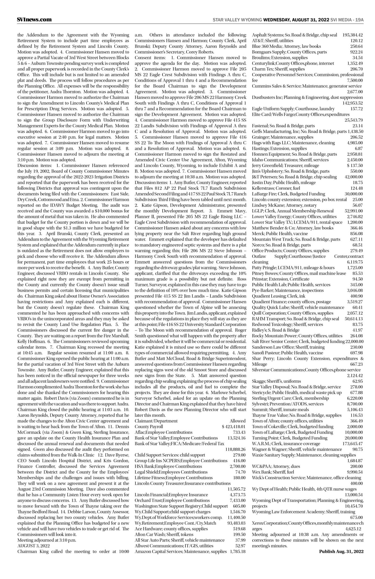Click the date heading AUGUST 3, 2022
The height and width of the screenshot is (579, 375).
pos(34,546)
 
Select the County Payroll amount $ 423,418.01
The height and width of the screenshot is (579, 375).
pos(233,427)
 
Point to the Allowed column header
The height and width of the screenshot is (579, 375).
pos(237,421)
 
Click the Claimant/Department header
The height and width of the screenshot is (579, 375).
pos(156,421)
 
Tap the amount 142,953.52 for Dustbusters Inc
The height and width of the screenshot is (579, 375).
pos(352,103)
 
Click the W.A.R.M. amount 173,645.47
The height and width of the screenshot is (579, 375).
pos(352,444)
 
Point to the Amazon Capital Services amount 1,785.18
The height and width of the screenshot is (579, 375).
pos(237,551)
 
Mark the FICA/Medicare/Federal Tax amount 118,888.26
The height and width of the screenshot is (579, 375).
pos(235,449)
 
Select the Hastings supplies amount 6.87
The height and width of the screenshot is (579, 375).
pos(359,148)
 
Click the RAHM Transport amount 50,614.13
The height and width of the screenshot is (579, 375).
pos(354,319)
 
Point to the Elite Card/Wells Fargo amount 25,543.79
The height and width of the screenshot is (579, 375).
pos(353,120)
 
